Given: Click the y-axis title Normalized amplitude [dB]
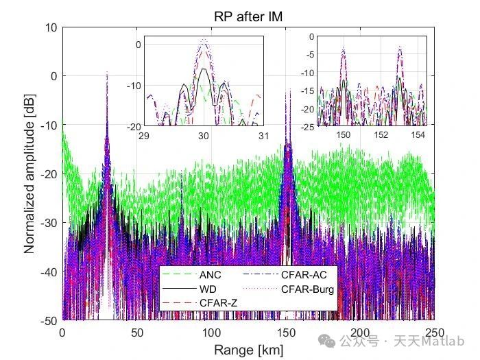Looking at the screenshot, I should click(30, 173).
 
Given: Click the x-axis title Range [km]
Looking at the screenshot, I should click(248, 350).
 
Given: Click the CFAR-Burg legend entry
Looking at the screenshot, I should click(308, 289).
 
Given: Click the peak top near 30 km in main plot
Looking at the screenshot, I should click(107, 71).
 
